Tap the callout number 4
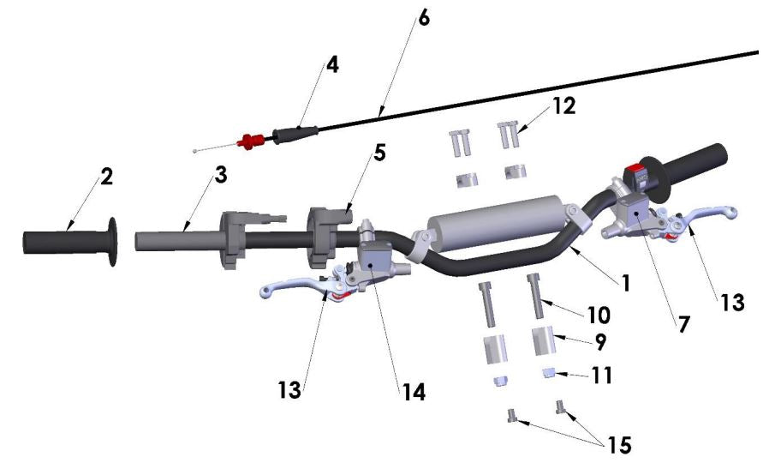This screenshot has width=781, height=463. click(332, 65)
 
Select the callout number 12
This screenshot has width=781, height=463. click(563, 105)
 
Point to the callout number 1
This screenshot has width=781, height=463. click(626, 281)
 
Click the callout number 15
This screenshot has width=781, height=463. click(617, 445)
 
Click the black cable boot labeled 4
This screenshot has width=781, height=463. click(295, 133)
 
